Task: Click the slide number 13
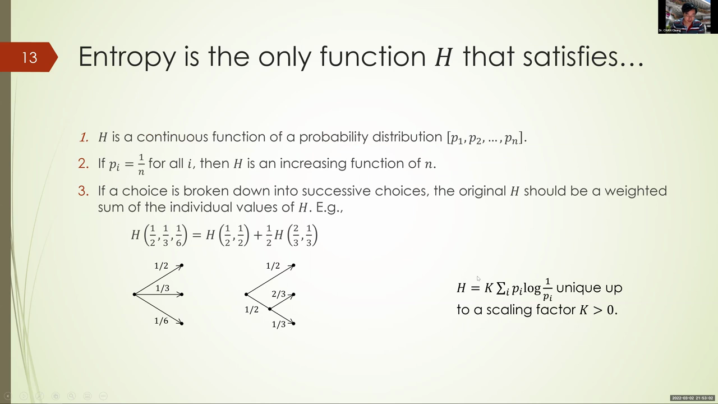click(x=30, y=58)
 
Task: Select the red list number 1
click(x=84, y=137)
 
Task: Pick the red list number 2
click(x=84, y=163)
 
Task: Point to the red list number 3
click(x=84, y=191)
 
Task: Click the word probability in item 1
click(x=333, y=137)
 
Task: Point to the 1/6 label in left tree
click(x=161, y=320)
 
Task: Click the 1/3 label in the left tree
click(x=163, y=288)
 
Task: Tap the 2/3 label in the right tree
click(x=279, y=293)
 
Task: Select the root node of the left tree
click(x=135, y=295)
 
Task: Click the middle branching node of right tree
click(x=270, y=309)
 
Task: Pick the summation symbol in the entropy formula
click(x=501, y=288)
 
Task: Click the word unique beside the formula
click(x=579, y=287)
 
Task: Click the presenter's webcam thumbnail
click(x=688, y=17)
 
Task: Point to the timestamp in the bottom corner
click(x=692, y=398)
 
